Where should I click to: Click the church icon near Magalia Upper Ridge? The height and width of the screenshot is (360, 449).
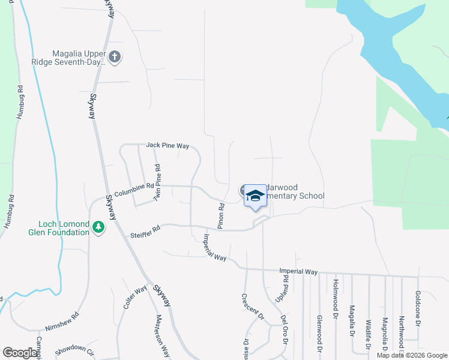115,58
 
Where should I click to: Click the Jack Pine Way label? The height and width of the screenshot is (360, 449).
167,146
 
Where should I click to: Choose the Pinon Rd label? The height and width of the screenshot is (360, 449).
221,214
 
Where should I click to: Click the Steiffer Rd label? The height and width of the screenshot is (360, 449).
145,232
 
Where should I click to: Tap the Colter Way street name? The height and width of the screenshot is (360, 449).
135,298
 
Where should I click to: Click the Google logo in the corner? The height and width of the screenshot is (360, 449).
20,353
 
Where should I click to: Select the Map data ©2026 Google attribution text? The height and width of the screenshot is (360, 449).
412,355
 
